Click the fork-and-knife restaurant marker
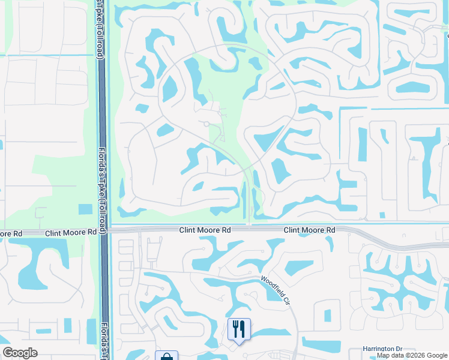pyautogui.click(x=239, y=329)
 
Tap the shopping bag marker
pyautogui.click(x=166, y=356)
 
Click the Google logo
pyautogui.click(x=20, y=353)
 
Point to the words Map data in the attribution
pyautogui.click(x=390, y=355)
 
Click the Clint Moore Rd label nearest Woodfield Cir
pyautogui.click(x=309, y=230)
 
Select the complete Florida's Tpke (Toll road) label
pyautogui.click(x=103, y=180)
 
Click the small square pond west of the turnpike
pyautogui.click(x=85, y=209)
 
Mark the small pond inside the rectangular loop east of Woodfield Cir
pyautogui.click(x=327, y=315)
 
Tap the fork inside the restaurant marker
pyautogui.click(x=235, y=328)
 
